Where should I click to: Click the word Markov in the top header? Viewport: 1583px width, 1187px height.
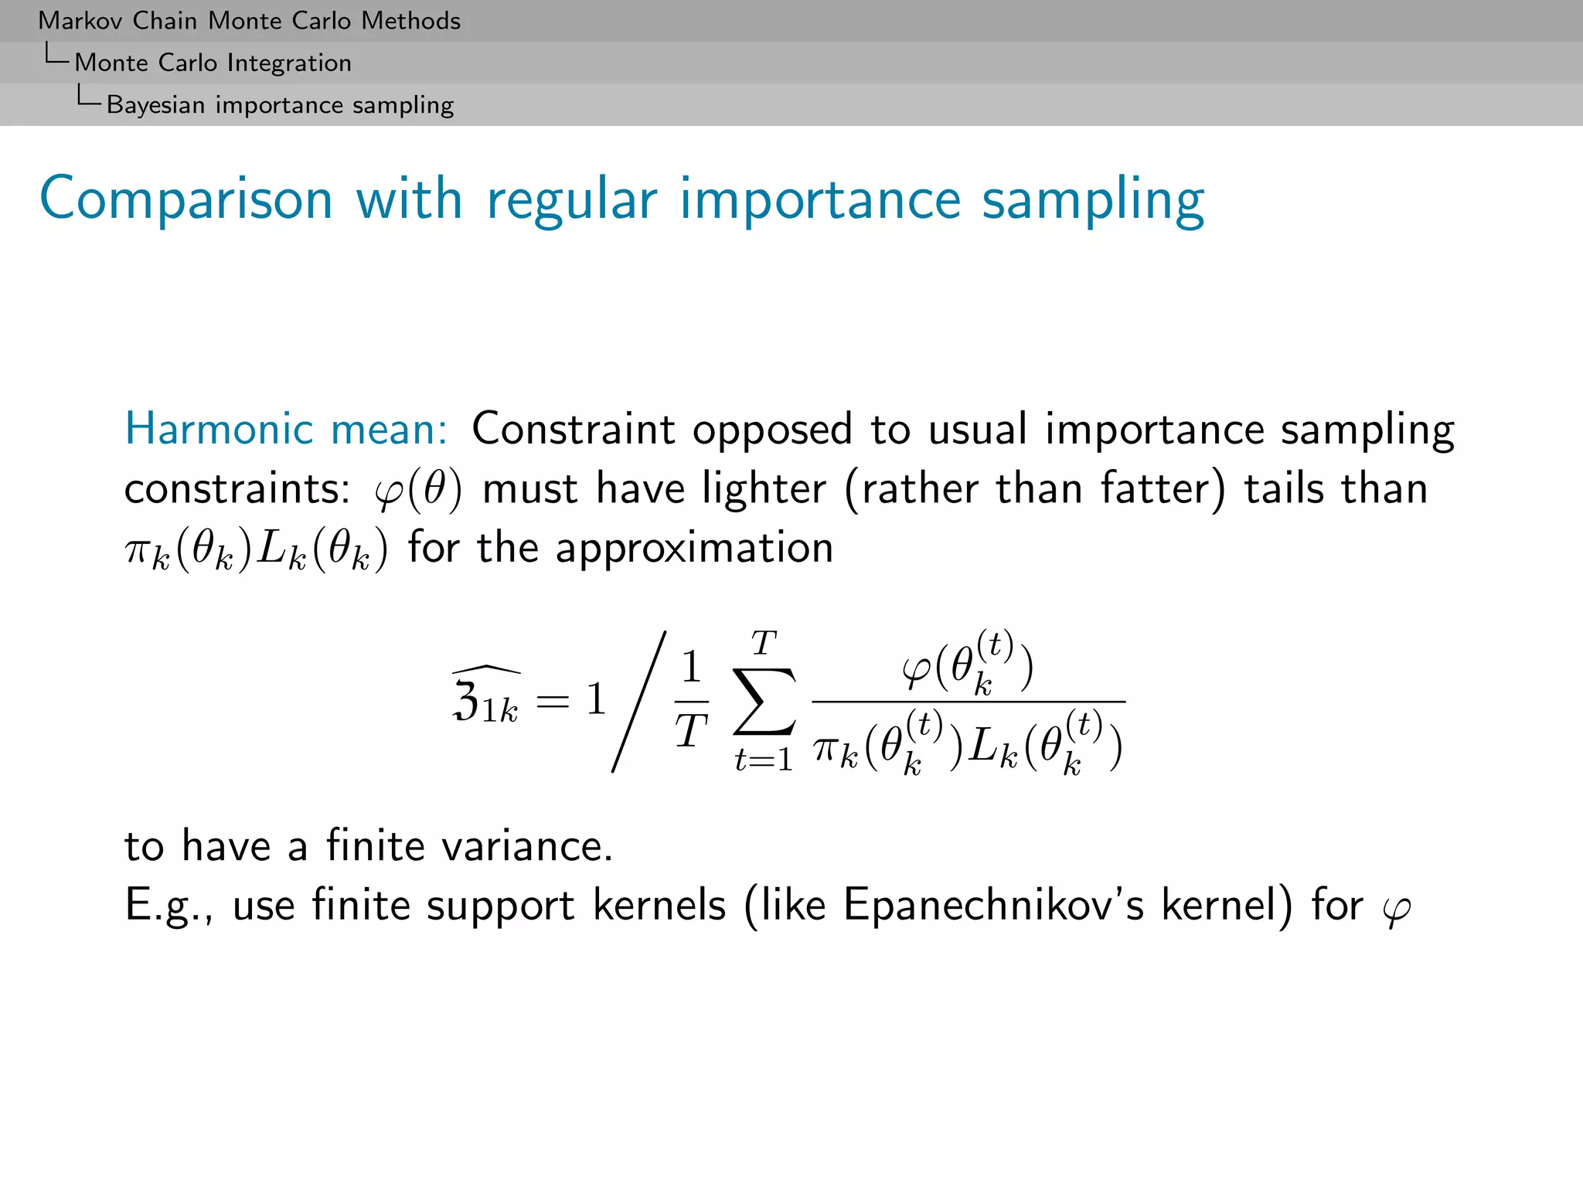pyautogui.click(x=80, y=21)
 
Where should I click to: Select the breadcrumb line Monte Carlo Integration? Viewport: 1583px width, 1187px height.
pyautogui.click(x=213, y=63)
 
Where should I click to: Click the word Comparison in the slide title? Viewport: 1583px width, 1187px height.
pyautogui.click(x=186, y=199)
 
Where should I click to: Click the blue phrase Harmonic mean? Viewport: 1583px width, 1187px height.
pyautogui.click(x=286, y=429)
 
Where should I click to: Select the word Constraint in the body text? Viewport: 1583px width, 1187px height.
pyautogui.click(x=574, y=429)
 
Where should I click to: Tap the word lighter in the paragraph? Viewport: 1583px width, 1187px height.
pyautogui.click(x=764, y=489)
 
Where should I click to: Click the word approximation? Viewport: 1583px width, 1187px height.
pyautogui.click(x=694, y=549)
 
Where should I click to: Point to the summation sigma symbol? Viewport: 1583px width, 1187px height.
pyautogui.click(x=764, y=701)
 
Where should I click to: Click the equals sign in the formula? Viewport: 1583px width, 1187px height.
pyautogui.click(x=552, y=701)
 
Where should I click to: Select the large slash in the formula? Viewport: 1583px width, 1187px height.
pyautogui.click(x=638, y=701)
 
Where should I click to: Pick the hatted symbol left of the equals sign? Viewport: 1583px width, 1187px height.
pyautogui.click(x=485, y=697)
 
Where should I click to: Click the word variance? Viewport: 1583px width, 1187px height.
pyautogui.click(x=527, y=846)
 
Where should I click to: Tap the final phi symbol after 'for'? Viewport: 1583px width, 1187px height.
pyautogui.click(x=1396, y=910)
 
